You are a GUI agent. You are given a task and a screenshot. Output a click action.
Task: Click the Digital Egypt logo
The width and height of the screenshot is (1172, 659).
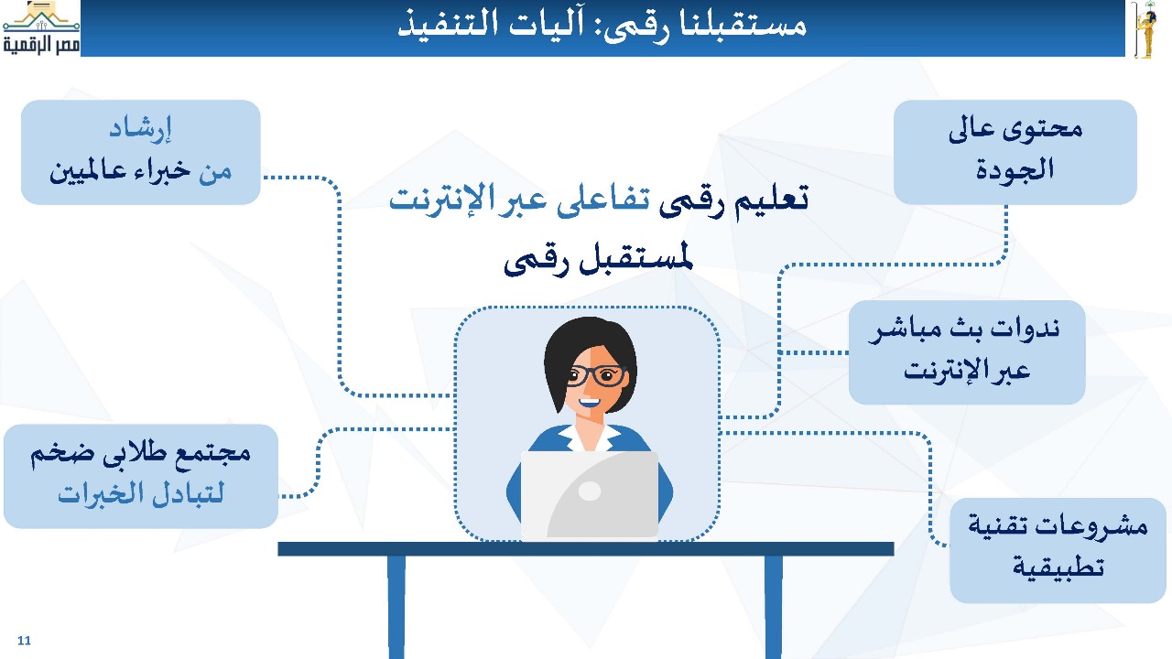pos(41,28)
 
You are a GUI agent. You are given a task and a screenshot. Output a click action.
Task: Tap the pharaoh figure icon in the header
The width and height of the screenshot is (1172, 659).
pos(1145,29)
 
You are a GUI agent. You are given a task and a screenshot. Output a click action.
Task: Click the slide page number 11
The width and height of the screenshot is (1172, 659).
pos(24,641)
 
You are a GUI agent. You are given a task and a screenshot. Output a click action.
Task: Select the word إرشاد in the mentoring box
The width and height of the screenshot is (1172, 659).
pos(140,130)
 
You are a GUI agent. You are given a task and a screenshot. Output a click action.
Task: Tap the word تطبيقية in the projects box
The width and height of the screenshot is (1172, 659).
pos(1058,567)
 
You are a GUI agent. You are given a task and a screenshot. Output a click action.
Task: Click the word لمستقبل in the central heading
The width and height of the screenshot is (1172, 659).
pos(636,259)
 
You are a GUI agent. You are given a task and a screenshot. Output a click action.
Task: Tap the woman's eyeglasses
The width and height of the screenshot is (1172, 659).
pos(596,375)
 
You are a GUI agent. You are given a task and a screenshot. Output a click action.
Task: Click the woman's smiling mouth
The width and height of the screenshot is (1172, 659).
pos(590,404)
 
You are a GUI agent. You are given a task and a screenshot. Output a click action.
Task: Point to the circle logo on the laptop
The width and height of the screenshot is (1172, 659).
pos(590,491)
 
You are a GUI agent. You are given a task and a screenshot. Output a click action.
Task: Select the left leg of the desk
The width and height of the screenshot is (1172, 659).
pos(396,607)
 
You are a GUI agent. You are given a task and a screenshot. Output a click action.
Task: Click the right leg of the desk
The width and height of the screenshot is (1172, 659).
pos(774,607)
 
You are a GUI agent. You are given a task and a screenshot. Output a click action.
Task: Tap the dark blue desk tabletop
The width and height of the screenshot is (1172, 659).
pos(585,548)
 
